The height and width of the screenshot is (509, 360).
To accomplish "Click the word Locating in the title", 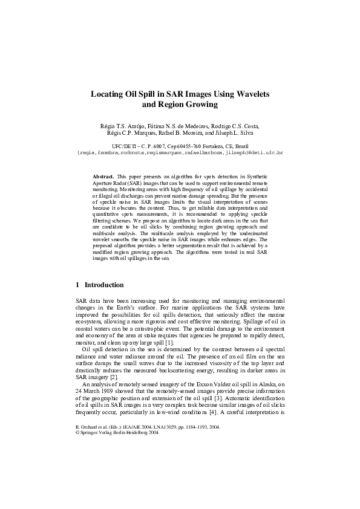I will (x=107, y=94).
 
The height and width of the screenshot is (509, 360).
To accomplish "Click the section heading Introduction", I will (x=104, y=285).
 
